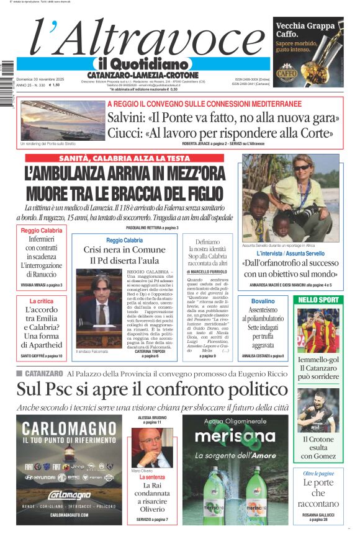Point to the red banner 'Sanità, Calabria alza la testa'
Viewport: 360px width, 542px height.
(125, 158)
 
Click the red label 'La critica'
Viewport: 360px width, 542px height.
(42, 301)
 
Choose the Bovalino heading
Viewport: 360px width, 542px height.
(271, 301)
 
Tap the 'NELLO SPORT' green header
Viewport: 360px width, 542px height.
(318, 300)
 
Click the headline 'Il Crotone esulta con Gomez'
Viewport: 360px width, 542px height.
(318, 448)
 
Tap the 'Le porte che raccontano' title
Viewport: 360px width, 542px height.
(318, 493)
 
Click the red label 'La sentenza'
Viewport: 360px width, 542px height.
(152, 478)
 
